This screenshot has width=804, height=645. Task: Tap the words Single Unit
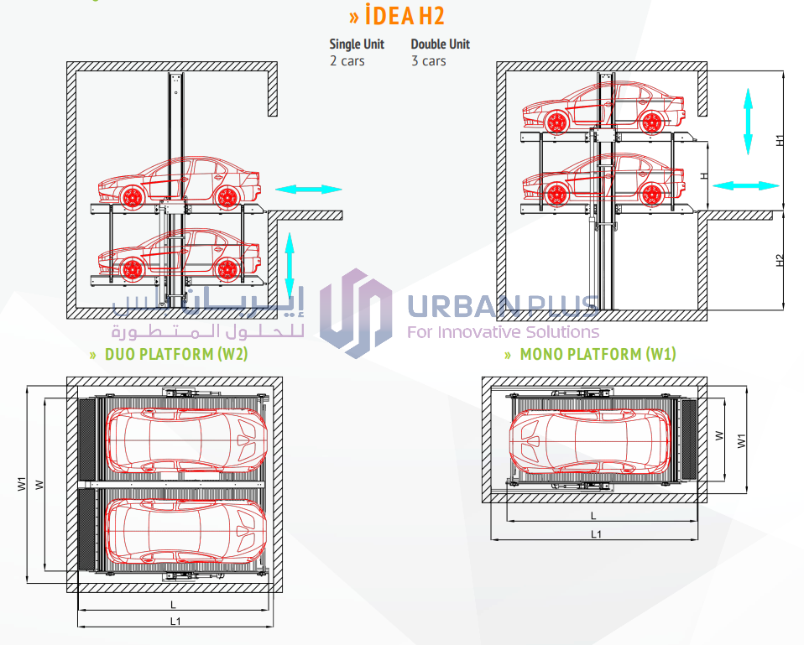point(357,44)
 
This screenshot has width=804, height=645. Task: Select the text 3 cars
point(429,61)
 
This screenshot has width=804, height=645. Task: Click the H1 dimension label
point(780,140)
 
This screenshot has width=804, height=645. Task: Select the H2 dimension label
point(780,260)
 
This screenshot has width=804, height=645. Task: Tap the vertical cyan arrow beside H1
point(748,122)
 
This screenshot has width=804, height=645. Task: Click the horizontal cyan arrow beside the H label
point(746,185)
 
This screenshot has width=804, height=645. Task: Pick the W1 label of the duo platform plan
point(22,484)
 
